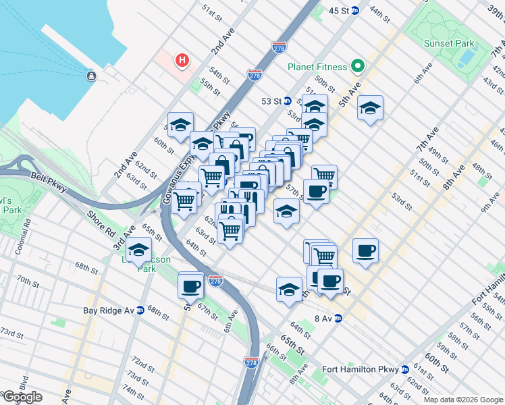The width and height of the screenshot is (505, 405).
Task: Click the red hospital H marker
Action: (182, 61)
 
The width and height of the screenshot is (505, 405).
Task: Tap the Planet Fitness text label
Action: (317, 67)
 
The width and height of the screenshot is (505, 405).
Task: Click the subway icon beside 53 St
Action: (287, 101)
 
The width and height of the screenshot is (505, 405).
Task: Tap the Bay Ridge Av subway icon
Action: (140, 310)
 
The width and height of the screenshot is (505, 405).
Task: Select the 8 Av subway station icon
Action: (338, 319)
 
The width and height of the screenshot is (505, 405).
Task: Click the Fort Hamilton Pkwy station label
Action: (361, 369)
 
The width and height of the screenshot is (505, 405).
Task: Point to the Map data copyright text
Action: (463, 400)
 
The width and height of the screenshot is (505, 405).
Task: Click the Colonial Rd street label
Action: (26, 230)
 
